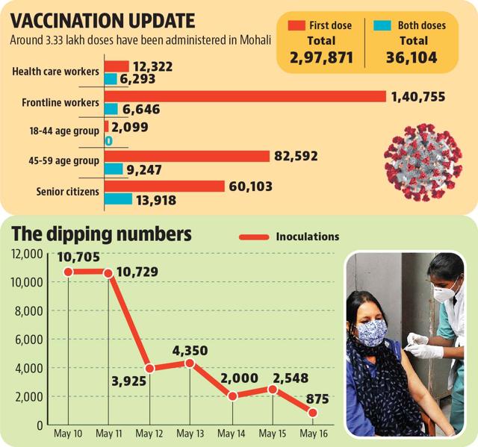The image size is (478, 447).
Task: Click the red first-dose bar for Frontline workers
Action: click(245, 96)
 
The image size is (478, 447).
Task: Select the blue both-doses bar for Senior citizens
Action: click(118, 199)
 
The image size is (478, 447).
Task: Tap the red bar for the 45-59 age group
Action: click(187, 156)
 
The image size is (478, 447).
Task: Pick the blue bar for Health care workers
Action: click(111, 79)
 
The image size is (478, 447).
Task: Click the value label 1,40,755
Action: click(418, 97)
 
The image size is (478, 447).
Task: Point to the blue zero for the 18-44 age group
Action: click(109, 141)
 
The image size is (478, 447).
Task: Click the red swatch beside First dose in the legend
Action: click(297, 25)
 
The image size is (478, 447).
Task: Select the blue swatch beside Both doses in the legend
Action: click(382, 25)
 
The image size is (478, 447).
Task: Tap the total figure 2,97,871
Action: click(321, 57)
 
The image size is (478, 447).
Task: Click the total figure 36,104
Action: click(412, 57)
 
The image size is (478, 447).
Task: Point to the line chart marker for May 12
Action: click(149, 369)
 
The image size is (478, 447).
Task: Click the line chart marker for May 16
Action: click(313, 413)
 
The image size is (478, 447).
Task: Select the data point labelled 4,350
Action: click(190, 363)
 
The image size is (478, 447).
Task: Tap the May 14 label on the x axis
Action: click(231, 434)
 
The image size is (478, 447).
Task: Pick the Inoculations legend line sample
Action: click(254, 237)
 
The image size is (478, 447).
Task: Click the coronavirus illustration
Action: click(423, 162)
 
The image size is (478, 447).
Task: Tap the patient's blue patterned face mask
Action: click(372, 333)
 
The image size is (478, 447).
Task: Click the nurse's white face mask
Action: click(445, 290)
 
